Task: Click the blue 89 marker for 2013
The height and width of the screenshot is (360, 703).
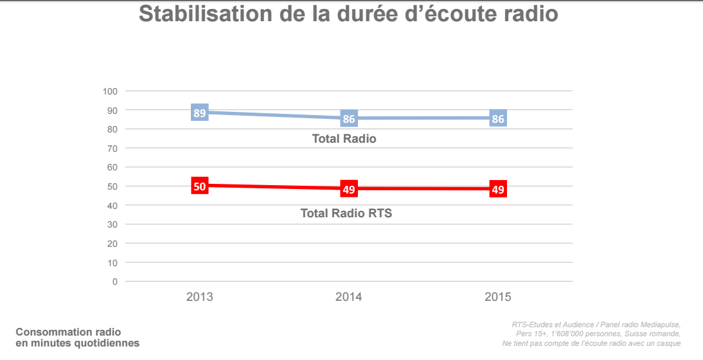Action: [x=200, y=113]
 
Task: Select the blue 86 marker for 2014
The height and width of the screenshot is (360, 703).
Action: [x=349, y=119]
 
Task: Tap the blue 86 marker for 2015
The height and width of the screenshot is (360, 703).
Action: [x=498, y=119]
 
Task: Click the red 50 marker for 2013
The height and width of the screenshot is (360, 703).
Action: [x=200, y=186]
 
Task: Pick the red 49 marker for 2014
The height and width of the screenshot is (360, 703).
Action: [x=349, y=189]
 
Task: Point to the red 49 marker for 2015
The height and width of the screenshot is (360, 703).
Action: [x=498, y=189]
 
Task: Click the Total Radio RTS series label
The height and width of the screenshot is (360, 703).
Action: [x=346, y=213]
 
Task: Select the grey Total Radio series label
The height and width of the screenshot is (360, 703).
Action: [x=344, y=139]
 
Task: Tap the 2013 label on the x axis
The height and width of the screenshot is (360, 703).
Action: [x=200, y=297]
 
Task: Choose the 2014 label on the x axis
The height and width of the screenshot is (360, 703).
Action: [x=349, y=297]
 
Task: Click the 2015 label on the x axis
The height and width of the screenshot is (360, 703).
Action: [x=498, y=297]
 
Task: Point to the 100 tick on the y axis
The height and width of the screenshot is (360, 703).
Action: [x=110, y=91]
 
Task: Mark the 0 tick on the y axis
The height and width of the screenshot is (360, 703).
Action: [x=115, y=282]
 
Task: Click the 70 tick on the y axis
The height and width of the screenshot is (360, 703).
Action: [x=112, y=148]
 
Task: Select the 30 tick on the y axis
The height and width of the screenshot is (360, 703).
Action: [x=112, y=224]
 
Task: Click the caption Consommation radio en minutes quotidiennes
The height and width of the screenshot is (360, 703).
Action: [x=77, y=337]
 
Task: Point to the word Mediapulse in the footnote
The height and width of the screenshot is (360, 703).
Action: [x=657, y=324]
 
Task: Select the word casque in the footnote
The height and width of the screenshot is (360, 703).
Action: [x=668, y=343]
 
